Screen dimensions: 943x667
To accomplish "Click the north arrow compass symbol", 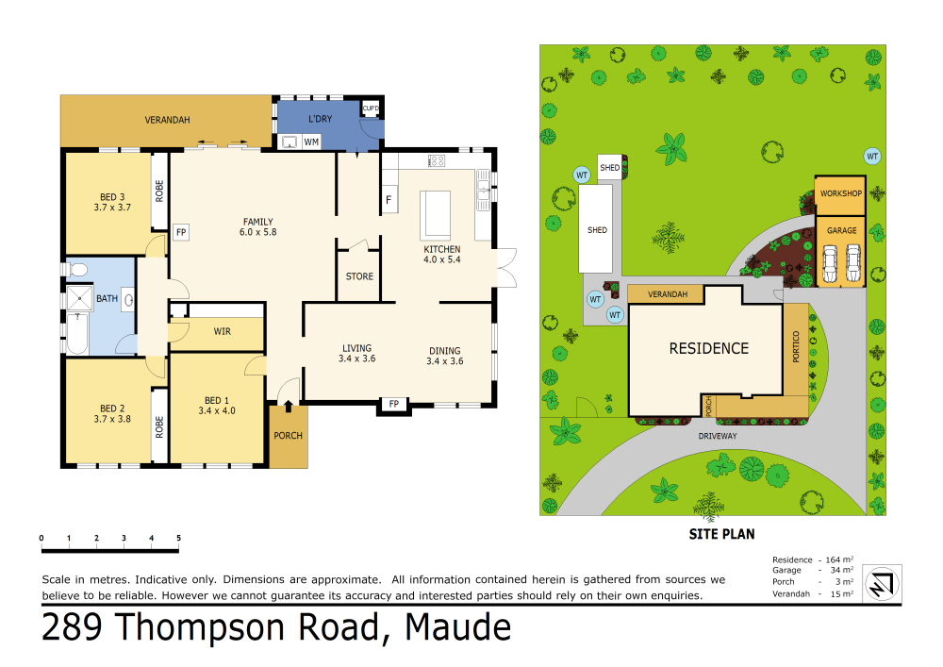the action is click(882, 583).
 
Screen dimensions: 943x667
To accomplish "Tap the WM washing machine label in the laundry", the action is click(311, 142).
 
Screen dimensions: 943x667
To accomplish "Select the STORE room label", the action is click(359, 276).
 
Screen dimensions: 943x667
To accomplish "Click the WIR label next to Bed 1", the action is click(223, 331).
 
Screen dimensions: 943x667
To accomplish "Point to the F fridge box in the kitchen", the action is click(389, 200).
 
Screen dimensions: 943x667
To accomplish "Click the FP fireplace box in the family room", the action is click(181, 232).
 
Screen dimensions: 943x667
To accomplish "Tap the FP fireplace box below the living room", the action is click(394, 404).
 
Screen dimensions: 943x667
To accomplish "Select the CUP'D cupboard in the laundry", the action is click(371, 108).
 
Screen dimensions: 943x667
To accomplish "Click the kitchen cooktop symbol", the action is click(437, 160).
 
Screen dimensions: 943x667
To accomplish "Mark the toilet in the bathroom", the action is click(76, 270).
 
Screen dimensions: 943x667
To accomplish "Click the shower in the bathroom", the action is click(79, 298).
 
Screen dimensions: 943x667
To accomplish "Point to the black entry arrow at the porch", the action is click(288, 407).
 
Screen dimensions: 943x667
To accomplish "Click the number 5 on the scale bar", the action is click(178, 538).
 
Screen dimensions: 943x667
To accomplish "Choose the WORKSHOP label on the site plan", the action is click(841, 193).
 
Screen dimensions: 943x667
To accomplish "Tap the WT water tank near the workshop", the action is click(872, 157).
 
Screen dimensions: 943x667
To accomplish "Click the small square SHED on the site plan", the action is click(610, 167).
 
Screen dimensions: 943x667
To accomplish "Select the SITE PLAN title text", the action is click(721, 534).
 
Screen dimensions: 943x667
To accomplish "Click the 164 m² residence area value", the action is click(839, 559).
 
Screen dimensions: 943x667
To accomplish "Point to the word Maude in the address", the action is click(458, 627).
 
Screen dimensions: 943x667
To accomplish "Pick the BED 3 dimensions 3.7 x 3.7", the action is click(112, 208).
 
